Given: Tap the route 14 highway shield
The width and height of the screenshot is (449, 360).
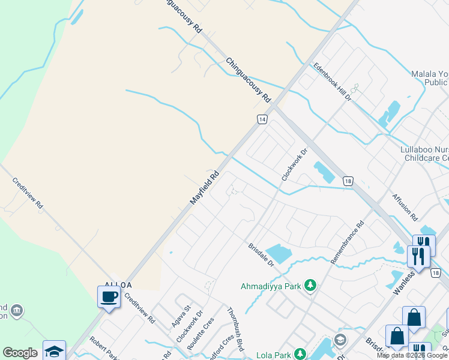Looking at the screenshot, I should [x=262, y=119].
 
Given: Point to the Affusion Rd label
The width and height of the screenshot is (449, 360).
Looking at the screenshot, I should [x=405, y=206].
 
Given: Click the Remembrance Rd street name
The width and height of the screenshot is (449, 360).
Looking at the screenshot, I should [x=347, y=244].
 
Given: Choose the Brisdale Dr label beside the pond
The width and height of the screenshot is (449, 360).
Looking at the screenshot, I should [x=261, y=255].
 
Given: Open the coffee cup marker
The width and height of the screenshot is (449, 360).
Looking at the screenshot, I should [x=109, y=297].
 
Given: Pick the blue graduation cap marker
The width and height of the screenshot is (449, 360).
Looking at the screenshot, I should [x=54, y=351].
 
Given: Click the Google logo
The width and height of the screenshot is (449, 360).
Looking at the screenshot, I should [x=20, y=353].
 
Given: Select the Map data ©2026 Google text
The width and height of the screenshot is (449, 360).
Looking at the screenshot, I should [x=412, y=356].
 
